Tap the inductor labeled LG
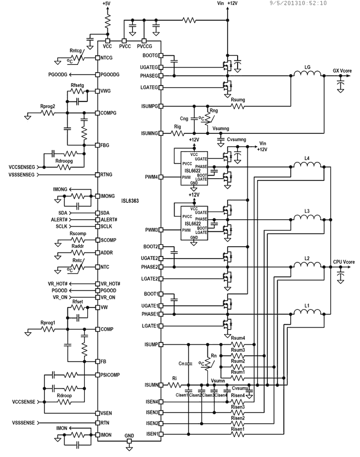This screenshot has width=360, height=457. click(307, 76)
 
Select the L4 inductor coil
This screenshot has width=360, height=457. click(307, 167)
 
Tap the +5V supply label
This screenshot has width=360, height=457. click(106, 4)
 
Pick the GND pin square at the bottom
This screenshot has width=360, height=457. click(129, 442)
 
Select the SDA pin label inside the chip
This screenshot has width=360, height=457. click(105, 213)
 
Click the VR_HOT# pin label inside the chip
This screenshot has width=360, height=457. click(110, 284)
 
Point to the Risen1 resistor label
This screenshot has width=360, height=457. click(238, 428)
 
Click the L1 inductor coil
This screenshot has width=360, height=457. click(307, 314)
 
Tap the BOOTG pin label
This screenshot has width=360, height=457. click(150, 55)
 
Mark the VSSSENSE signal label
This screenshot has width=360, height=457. click(18, 422)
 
